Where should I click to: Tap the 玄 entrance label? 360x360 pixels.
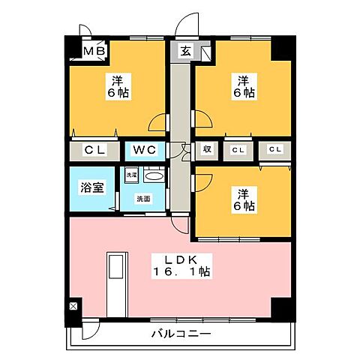click(x=185, y=51)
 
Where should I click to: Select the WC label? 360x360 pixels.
click(x=145, y=150)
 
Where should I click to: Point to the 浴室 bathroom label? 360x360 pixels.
click(x=91, y=187)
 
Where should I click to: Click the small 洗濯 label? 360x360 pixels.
click(x=131, y=175)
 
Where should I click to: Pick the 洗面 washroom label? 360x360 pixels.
click(x=142, y=199)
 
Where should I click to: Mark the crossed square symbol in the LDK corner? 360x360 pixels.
click(x=73, y=306)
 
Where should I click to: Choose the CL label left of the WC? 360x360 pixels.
click(x=94, y=150)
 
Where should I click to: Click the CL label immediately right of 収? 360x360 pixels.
click(x=238, y=150)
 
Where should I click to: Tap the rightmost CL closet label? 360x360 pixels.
click(x=275, y=150)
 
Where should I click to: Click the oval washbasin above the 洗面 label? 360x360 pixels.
click(x=153, y=175)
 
